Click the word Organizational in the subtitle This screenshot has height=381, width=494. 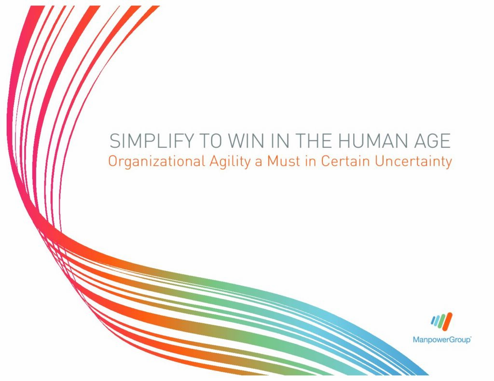click(157, 162)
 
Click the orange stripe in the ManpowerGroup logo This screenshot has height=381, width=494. click(447, 321)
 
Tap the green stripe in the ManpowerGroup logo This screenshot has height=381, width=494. click(441, 321)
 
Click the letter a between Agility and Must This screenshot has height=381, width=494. click(259, 163)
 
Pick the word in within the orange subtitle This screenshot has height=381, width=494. click(311, 161)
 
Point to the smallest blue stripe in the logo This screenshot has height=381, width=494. click(433, 321)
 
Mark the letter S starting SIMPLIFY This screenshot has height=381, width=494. click(115, 141)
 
